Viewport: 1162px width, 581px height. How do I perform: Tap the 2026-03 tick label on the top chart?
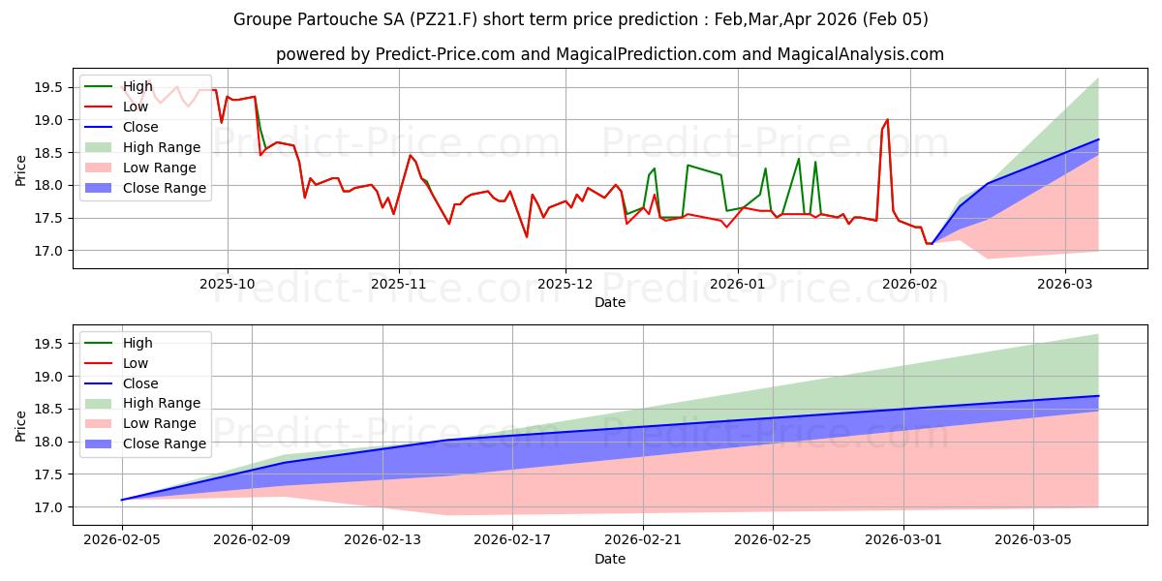[1065, 285]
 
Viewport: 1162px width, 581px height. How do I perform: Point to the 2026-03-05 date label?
[1033, 541]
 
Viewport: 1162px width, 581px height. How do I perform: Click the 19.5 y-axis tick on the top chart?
[48, 87]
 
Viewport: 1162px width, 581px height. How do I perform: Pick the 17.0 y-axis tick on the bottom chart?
[48, 507]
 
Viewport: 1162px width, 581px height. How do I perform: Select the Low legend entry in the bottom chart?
[136, 363]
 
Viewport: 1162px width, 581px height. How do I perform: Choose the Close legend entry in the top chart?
[141, 127]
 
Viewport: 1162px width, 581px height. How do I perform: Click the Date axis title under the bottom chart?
[610, 559]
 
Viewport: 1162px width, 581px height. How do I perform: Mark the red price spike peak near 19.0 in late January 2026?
[887, 120]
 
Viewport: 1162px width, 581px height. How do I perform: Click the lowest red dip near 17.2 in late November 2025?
[527, 237]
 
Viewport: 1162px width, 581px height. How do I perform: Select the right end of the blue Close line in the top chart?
[1098, 139]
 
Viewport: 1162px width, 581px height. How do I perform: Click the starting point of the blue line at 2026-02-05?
[122, 500]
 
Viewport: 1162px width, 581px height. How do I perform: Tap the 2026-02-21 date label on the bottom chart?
[643, 541]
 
